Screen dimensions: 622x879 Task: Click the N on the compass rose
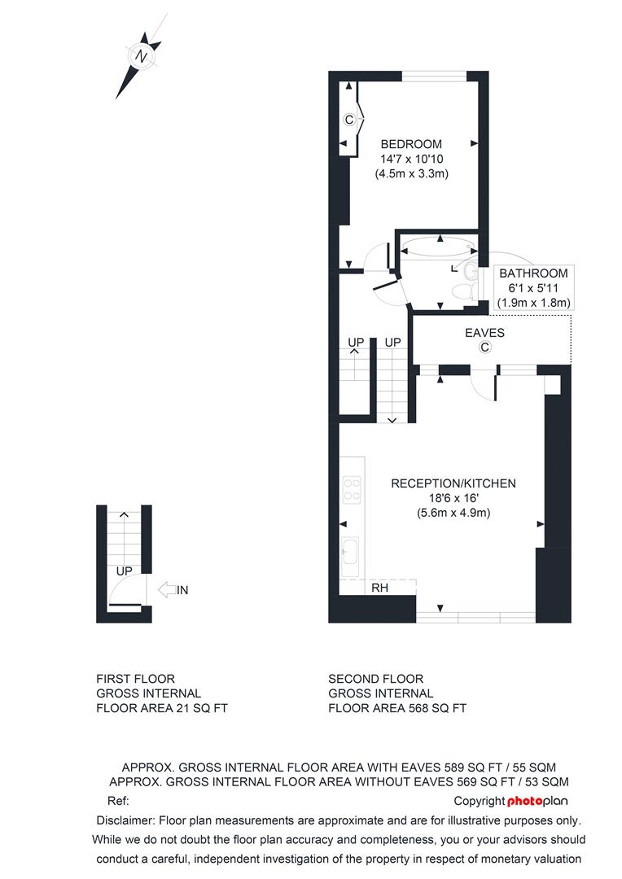coord(142,57)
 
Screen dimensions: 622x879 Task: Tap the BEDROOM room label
coord(411,144)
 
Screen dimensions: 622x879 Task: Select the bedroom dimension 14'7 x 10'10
coord(412,160)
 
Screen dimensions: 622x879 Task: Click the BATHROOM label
coord(533,273)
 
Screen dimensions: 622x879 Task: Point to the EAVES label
coord(484,333)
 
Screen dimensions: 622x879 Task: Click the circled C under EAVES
coord(485,348)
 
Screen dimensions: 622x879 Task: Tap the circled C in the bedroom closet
coord(349,120)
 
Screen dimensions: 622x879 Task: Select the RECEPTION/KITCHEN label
coord(453,483)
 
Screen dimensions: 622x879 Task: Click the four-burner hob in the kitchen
coord(353,490)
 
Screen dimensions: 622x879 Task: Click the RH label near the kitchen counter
coord(379,588)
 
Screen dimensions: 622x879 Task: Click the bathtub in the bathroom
coord(439,247)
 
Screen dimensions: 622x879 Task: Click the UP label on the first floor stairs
coord(124,571)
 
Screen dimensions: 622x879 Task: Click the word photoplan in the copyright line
coord(537,801)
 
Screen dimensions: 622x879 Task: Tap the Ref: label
coord(118,801)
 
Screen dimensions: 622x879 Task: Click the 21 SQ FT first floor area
coord(202,708)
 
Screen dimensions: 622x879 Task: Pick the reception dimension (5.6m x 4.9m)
coord(453,513)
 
